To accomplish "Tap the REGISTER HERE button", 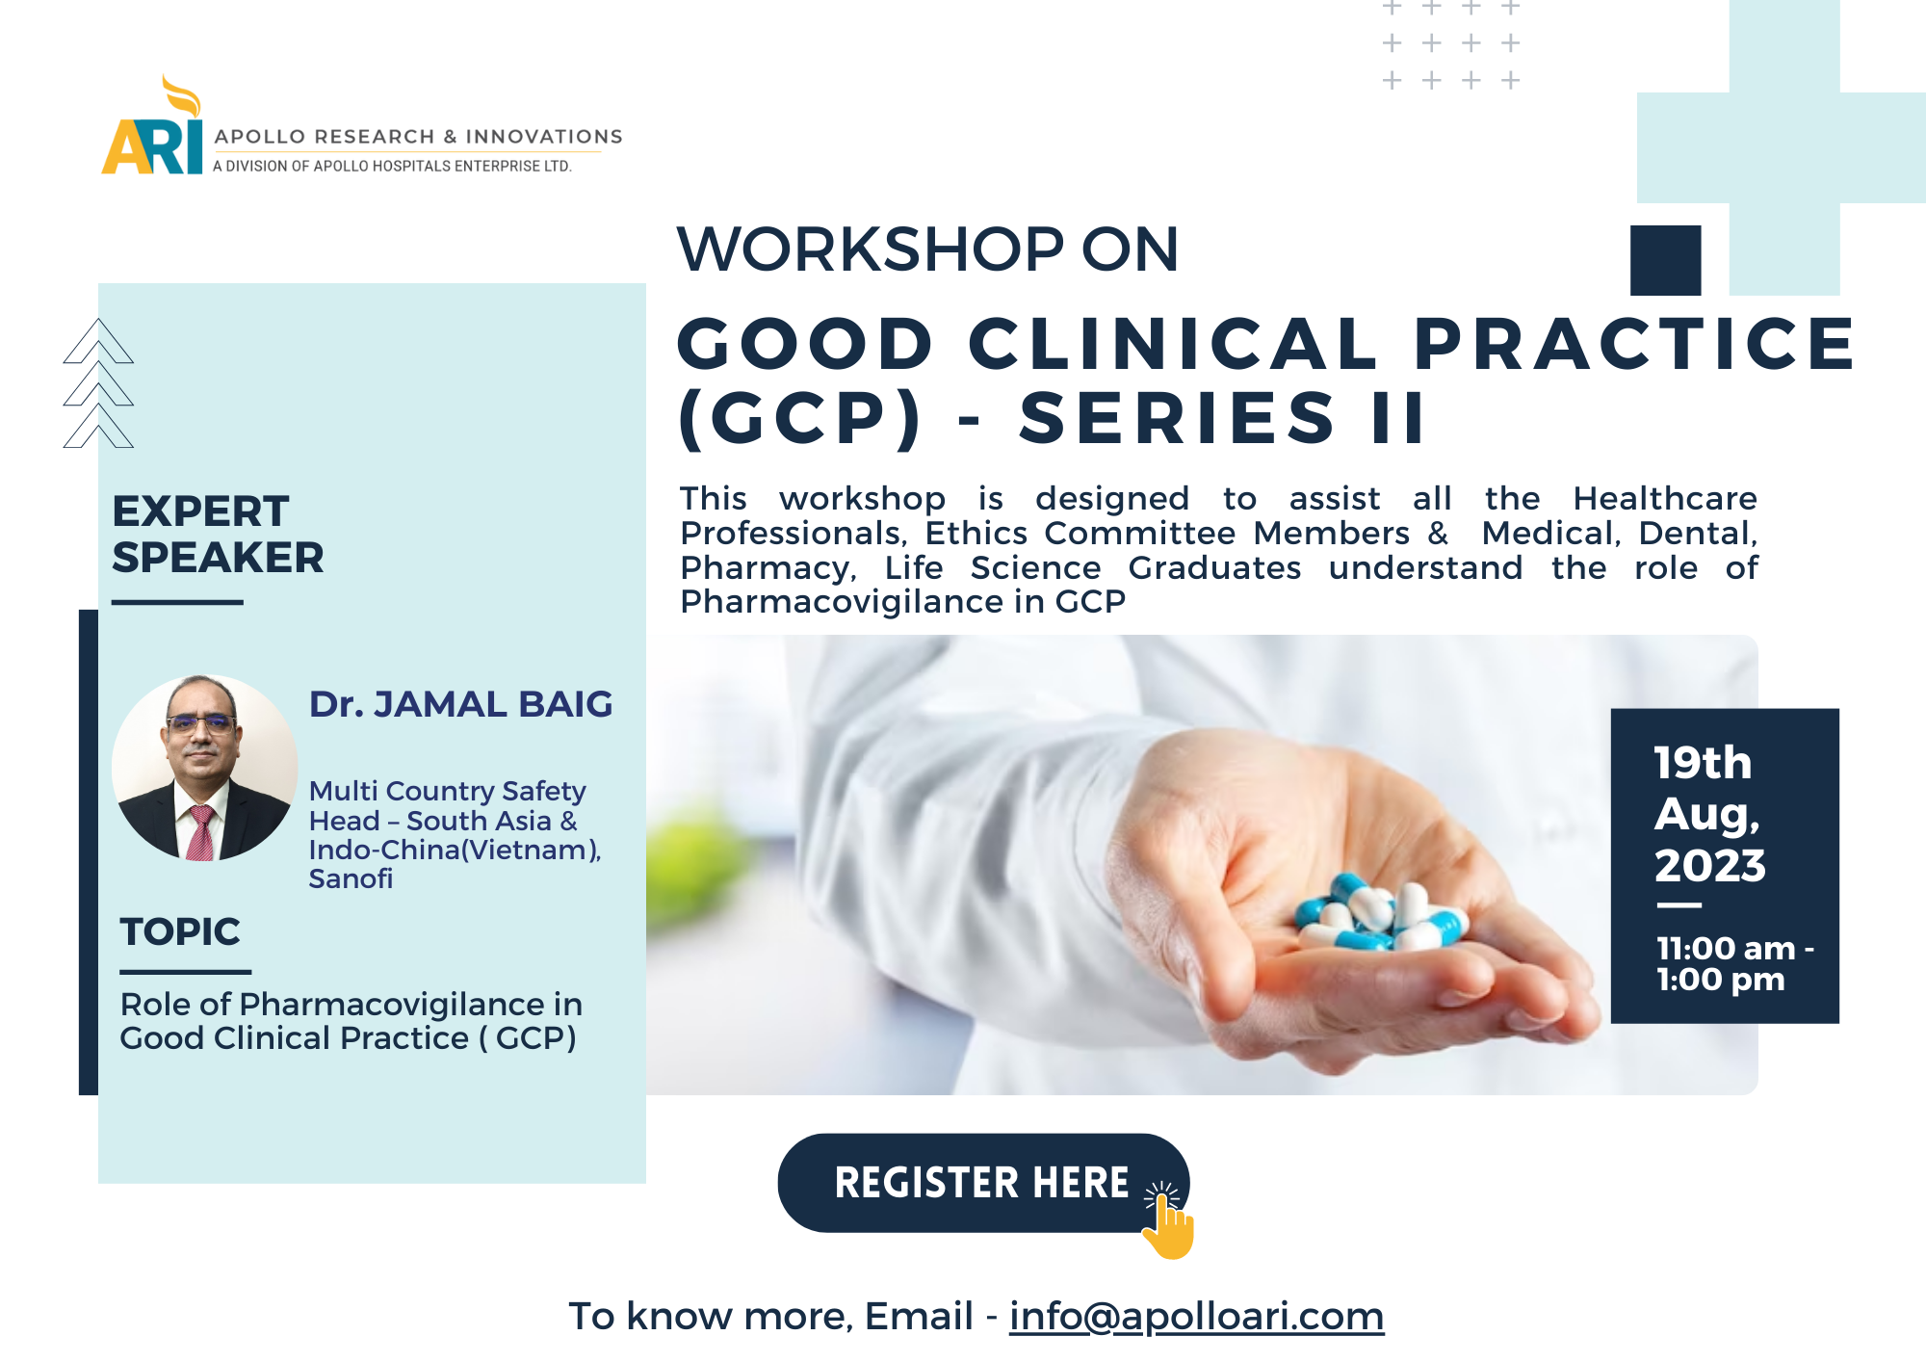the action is point(982,1183).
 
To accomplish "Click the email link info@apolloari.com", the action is point(1196,1316).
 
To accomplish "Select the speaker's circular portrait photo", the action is point(205,768).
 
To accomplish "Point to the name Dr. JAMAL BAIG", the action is point(460,704).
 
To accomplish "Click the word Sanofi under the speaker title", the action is point(351,878).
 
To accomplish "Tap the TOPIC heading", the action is point(180,931).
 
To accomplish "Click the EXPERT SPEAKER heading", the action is point(218,534).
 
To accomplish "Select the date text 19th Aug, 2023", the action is point(1710,814).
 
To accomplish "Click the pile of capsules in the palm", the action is point(1382,910).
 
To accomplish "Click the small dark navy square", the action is point(1666,260).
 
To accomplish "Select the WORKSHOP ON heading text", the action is point(927,249).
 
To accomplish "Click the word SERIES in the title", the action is point(1178,418).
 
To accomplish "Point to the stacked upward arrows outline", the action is point(98,383).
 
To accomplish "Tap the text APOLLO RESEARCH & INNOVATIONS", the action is point(419,137).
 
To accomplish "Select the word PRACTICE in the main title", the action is point(1635,344).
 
